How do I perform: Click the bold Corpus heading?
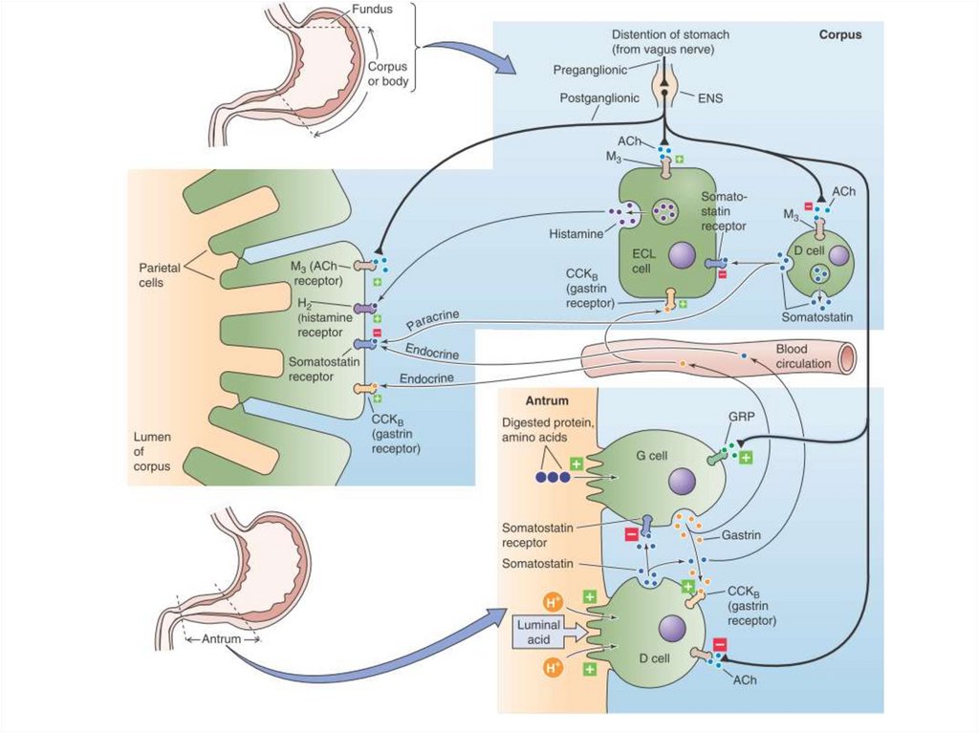click(x=839, y=34)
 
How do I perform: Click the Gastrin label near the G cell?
click(x=743, y=535)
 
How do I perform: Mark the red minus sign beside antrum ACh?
click(x=720, y=644)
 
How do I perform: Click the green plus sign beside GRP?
click(x=747, y=458)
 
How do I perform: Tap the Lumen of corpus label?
click(x=152, y=452)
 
